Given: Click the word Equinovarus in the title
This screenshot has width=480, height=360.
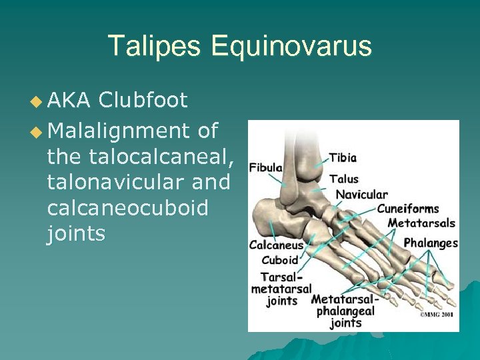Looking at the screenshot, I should (x=291, y=47).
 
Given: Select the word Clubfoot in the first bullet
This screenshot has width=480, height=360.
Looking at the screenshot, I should (x=143, y=101).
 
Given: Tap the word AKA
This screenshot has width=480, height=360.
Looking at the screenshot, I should (x=69, y=101).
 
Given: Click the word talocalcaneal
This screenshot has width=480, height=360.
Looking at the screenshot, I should (x=139, y=157).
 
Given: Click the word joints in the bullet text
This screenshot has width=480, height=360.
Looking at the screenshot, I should (x=76, y=234).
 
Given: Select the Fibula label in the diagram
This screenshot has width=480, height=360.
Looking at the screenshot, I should (x=265, y=167).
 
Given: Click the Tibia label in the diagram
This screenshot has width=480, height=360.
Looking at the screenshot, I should (x=343, y=158).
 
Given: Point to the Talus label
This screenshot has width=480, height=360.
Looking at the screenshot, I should (x=344, y=179).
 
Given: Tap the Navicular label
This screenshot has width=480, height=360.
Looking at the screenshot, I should (x=361, y=195).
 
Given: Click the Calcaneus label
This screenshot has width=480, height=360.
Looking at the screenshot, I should (x=276, y=245).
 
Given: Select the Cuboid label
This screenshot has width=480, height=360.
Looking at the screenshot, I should (x=280, y=260).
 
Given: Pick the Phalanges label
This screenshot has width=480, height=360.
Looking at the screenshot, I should (x=431, y=243).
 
